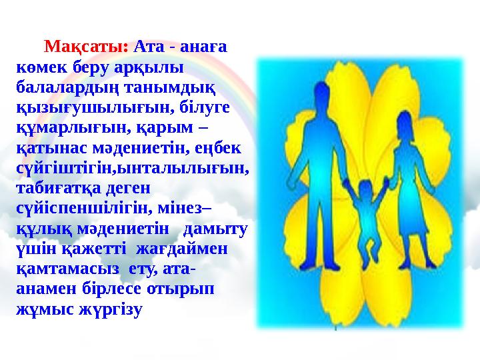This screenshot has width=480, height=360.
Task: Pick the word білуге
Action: click(185, 106)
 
